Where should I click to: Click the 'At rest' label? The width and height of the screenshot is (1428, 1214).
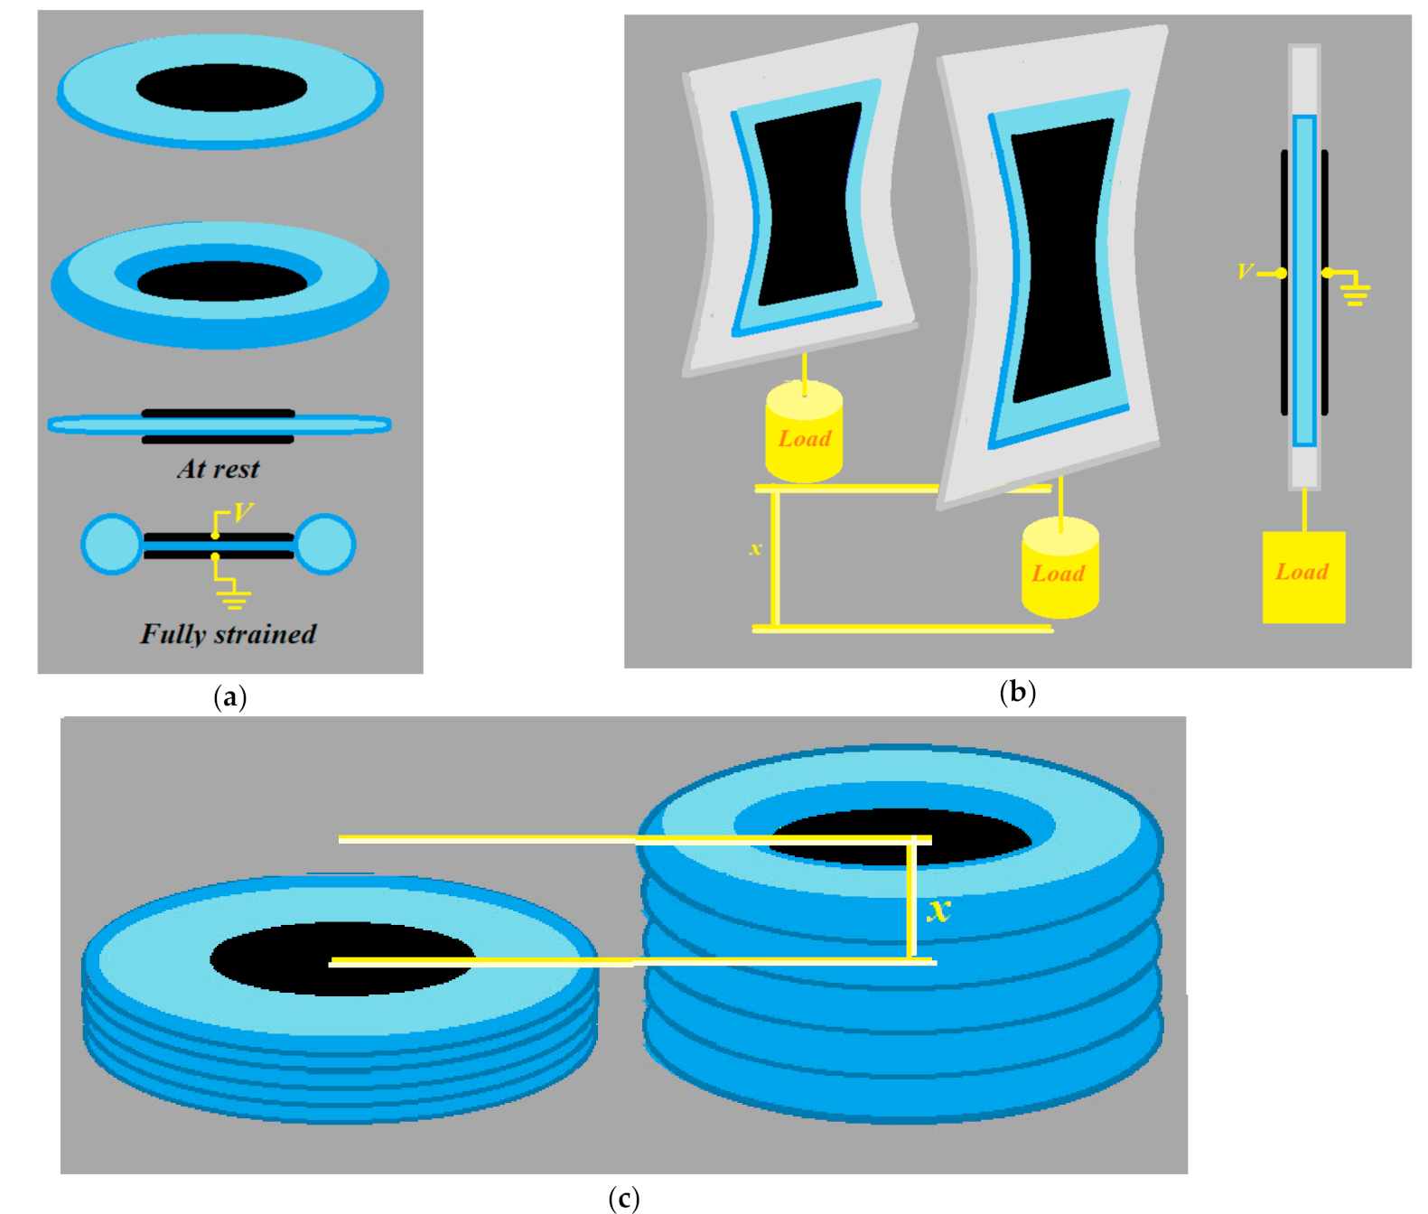click(x=218, y=469)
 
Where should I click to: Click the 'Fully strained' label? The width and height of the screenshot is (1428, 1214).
click(x=228, y=634)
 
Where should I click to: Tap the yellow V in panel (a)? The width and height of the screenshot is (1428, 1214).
click(x=243, y=513)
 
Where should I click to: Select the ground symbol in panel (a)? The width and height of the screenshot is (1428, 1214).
click(x=234, y=598)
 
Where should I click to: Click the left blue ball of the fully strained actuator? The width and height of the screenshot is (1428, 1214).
click(x=111, y=544)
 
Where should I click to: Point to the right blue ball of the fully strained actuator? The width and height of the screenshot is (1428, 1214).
click(x=325, y=544)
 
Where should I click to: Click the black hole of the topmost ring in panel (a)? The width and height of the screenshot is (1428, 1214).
click(x=221, y=88)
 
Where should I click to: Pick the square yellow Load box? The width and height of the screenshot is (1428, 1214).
click(x=1302, y=576)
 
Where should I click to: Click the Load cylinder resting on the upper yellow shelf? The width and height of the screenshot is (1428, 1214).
click(x=804, y=434)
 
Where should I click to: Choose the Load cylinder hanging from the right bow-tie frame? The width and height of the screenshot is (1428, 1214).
click(x=1059, y=569)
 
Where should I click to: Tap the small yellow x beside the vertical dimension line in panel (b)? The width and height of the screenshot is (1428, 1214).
click(x=755, y=548)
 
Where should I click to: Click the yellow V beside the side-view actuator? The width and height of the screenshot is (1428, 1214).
click(x=1245, y=271)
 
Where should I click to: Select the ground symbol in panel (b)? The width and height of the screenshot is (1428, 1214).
click(x=1355, y=293)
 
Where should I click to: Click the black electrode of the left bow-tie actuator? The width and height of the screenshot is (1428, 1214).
click(x=807, y=203)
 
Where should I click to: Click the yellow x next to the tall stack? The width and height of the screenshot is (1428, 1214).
click(x=939, y=909)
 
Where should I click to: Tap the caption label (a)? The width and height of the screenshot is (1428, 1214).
click(x=230, y=696)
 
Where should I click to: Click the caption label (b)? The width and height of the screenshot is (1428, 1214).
click(x=1017, y=692)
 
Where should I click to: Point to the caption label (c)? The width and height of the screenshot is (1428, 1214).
click(x=623, y=1198)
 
